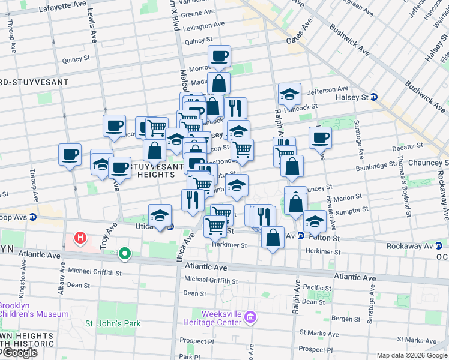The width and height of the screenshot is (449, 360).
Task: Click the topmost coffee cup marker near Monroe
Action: click(x=219, y=56)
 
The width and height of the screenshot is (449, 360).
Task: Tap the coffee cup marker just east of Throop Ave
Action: click(x=70, y=155)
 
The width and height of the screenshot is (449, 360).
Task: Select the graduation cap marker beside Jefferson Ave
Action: click(x=289, y=94)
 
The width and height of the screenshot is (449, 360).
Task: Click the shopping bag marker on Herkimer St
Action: click(x=273, y=237)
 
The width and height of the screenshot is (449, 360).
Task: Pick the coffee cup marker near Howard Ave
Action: click(x=320, y=137)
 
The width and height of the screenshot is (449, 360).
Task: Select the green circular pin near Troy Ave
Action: click(x=125, y=254)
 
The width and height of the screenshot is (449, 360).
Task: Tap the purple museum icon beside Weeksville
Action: click(x=251, y=316)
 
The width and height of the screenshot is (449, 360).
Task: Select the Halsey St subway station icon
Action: click(x=373, y=97)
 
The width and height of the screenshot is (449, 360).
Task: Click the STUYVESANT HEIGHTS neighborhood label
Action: click(x=139, y=171)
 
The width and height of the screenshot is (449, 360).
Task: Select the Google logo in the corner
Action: click(x=19, y=353)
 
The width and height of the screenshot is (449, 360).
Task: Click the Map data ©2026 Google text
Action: click(x=411, y=355)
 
